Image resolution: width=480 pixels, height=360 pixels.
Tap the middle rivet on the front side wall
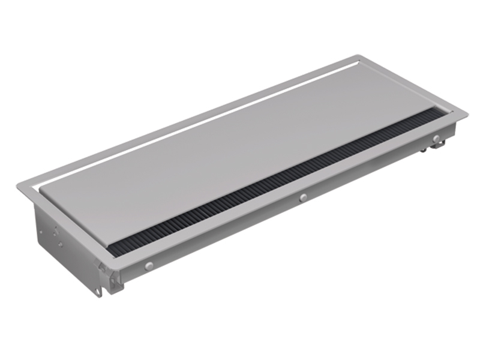304,197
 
